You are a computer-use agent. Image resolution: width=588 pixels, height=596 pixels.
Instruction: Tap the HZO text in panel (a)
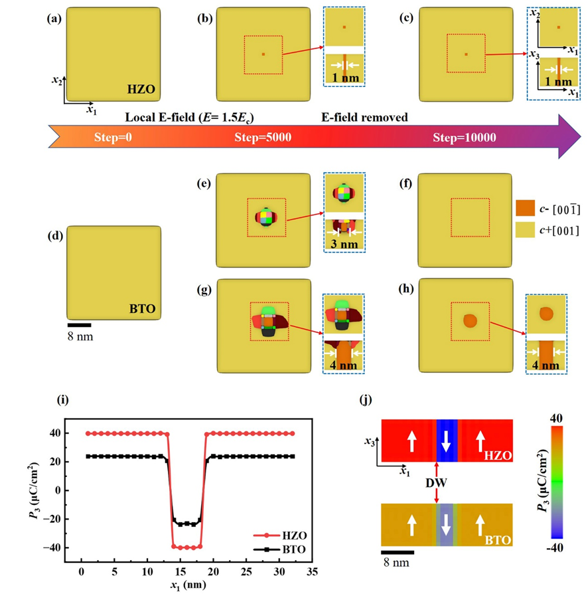point(140,87)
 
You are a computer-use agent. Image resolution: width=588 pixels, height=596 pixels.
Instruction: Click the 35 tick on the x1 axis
point(311,571)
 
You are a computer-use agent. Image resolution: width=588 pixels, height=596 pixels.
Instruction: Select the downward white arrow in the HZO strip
point(445,441)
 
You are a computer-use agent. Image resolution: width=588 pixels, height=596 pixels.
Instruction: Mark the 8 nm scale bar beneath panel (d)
point(80,325)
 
